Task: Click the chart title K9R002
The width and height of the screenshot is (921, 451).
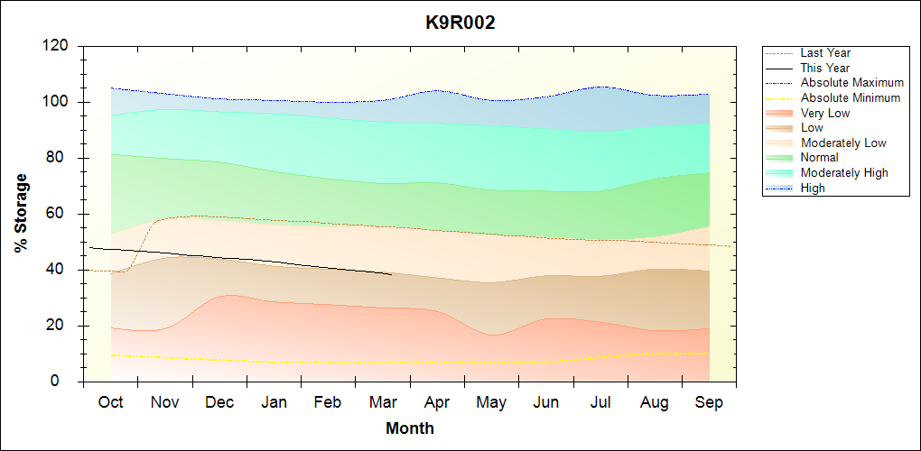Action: pos(460,23)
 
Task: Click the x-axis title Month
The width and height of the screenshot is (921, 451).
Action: pos(410,428)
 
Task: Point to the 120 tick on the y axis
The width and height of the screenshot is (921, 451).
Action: pos(56,46)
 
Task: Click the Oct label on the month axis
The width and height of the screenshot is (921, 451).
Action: pos(110,402)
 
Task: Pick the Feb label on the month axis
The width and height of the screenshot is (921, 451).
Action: pos(329,402)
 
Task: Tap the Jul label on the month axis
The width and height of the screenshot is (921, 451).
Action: pos(600,402)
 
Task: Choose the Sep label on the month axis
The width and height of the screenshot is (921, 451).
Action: pos(709,402)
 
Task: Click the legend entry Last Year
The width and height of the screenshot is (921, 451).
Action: pos(825,53)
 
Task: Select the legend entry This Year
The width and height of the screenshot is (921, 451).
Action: pos(825,68)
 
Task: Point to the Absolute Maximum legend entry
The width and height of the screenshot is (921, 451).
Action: pos(851,83)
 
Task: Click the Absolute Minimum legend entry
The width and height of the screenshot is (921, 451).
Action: pos(851,97)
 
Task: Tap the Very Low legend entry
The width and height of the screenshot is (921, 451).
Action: pos(825,113)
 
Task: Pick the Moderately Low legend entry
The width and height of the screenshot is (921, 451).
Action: pos(843,143)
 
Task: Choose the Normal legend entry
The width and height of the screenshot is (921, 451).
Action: pos(820,158)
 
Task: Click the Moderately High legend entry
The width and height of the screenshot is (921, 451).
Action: pos(844,172)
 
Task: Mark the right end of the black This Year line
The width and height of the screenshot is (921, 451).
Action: pos(391,274)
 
